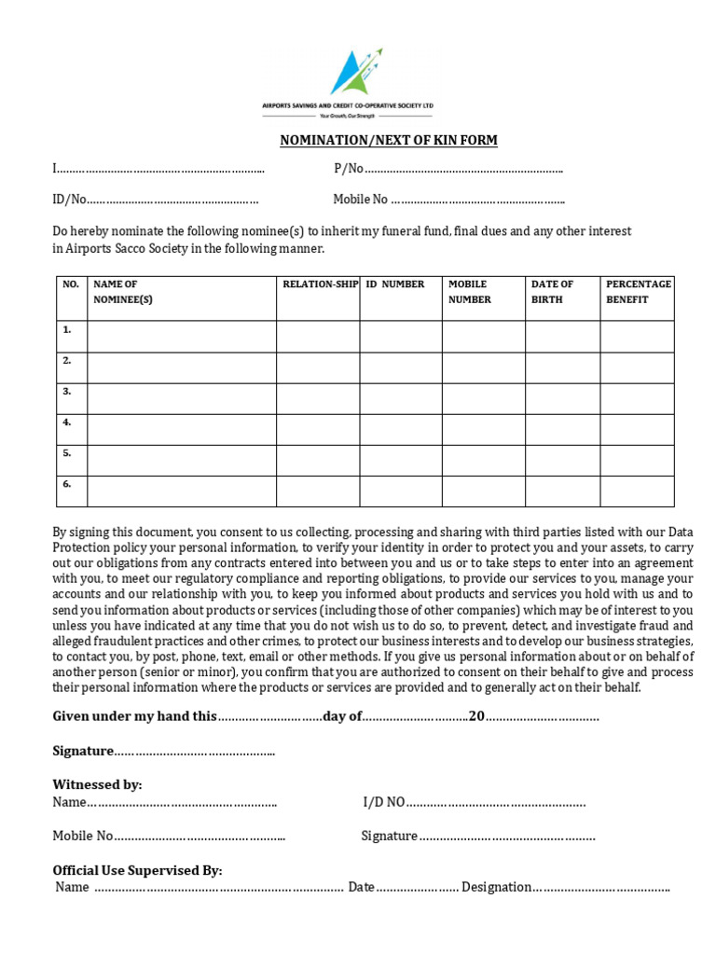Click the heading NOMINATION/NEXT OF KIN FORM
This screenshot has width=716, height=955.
point(389,140)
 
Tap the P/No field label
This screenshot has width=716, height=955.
point(348,169)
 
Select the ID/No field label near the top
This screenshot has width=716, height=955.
point(69,200)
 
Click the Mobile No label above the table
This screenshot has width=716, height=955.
point(360,200)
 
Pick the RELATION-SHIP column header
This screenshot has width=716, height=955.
point(320,284)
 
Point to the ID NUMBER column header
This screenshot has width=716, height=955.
point(395,284)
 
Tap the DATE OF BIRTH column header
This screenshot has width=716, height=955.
point(553,292)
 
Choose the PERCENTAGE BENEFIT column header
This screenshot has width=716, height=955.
point(638,292)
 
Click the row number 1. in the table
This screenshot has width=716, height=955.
point(67,330)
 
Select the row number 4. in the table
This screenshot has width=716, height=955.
point(67,422)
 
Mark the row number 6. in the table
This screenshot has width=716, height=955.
point(67,484)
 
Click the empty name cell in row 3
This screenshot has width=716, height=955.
point(182,398)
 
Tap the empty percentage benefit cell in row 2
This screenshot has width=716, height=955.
point(637,367)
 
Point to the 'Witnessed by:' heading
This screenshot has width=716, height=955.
point(97,784)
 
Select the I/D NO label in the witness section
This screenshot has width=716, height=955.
point(383,802)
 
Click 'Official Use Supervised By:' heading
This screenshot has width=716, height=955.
point(137,870)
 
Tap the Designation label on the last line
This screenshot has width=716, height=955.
point(496,887)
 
